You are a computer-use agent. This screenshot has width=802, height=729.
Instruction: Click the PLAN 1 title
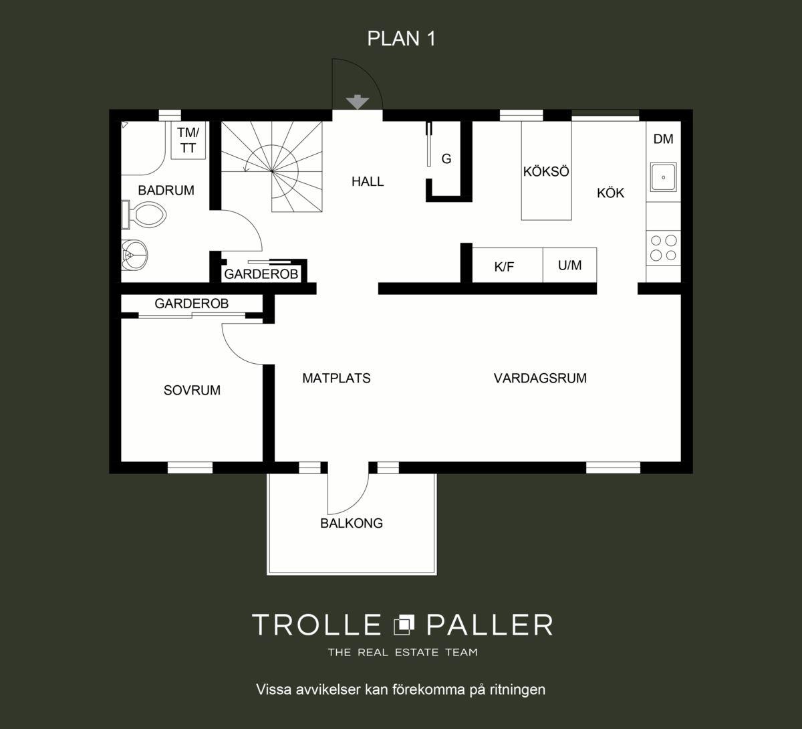401,38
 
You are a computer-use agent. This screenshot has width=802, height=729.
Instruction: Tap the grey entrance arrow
357,102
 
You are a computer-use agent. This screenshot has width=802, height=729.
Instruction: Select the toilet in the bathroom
144,215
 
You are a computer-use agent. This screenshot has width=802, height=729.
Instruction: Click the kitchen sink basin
663,177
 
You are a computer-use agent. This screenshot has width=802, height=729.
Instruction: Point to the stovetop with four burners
663,247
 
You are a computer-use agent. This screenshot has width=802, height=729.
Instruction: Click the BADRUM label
166,190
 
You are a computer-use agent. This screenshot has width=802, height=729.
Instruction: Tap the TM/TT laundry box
188,140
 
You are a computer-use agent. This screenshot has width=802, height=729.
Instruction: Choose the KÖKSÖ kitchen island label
546,171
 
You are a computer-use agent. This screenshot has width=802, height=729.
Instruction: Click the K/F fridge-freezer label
504,266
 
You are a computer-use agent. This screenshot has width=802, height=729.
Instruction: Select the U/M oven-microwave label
569,265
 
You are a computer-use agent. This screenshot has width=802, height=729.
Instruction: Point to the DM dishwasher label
663,139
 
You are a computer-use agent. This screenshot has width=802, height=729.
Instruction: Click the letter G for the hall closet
446,159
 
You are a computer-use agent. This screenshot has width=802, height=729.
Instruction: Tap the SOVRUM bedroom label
192,390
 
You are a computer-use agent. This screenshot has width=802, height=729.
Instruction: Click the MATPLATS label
336,378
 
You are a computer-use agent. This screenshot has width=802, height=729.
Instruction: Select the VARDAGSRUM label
540,378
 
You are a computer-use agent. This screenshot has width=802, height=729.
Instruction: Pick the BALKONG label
352,523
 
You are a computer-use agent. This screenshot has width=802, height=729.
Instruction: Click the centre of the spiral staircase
272,171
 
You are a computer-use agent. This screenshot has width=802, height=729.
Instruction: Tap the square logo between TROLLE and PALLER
404,624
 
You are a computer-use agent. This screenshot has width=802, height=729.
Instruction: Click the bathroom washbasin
135,255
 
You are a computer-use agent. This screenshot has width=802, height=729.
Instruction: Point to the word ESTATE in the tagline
416,652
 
